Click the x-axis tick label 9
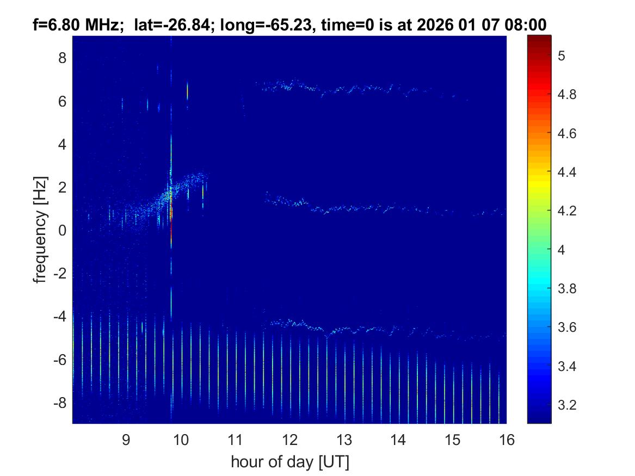pos(126,440)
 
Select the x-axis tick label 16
pos(507,440)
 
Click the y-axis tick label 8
pos(62,58)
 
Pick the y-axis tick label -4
pos(59,316)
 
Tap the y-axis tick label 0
pos(62,230)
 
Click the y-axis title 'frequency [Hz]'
pos(40,230)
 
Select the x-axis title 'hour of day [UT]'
pos(289,462)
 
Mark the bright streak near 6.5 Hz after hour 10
pos(187,90)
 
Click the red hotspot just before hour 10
pos(171,218)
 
